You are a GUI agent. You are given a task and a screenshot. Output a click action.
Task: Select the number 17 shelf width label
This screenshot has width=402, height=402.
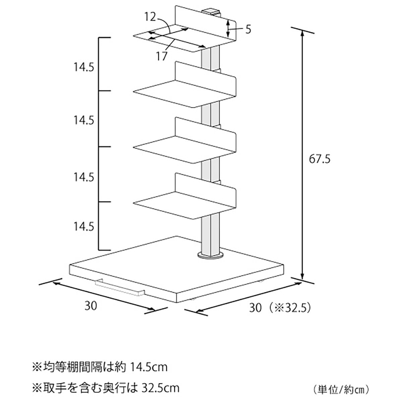(x=161, y=56)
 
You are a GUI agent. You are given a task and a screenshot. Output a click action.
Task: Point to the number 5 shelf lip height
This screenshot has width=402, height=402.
(x=248, y=29)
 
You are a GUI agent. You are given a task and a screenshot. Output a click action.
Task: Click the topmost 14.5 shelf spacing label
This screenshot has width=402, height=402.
(x=84, y=67)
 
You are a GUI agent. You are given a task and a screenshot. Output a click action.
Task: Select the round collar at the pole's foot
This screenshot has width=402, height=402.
(x=211, y=255)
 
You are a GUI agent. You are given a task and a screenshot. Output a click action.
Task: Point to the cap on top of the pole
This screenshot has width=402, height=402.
(x=211, y=11)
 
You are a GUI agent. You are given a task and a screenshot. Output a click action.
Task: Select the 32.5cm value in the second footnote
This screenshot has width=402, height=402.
(x=159, y=388)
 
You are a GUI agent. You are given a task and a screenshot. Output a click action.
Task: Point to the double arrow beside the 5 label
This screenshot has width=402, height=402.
(x=228, y=29)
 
